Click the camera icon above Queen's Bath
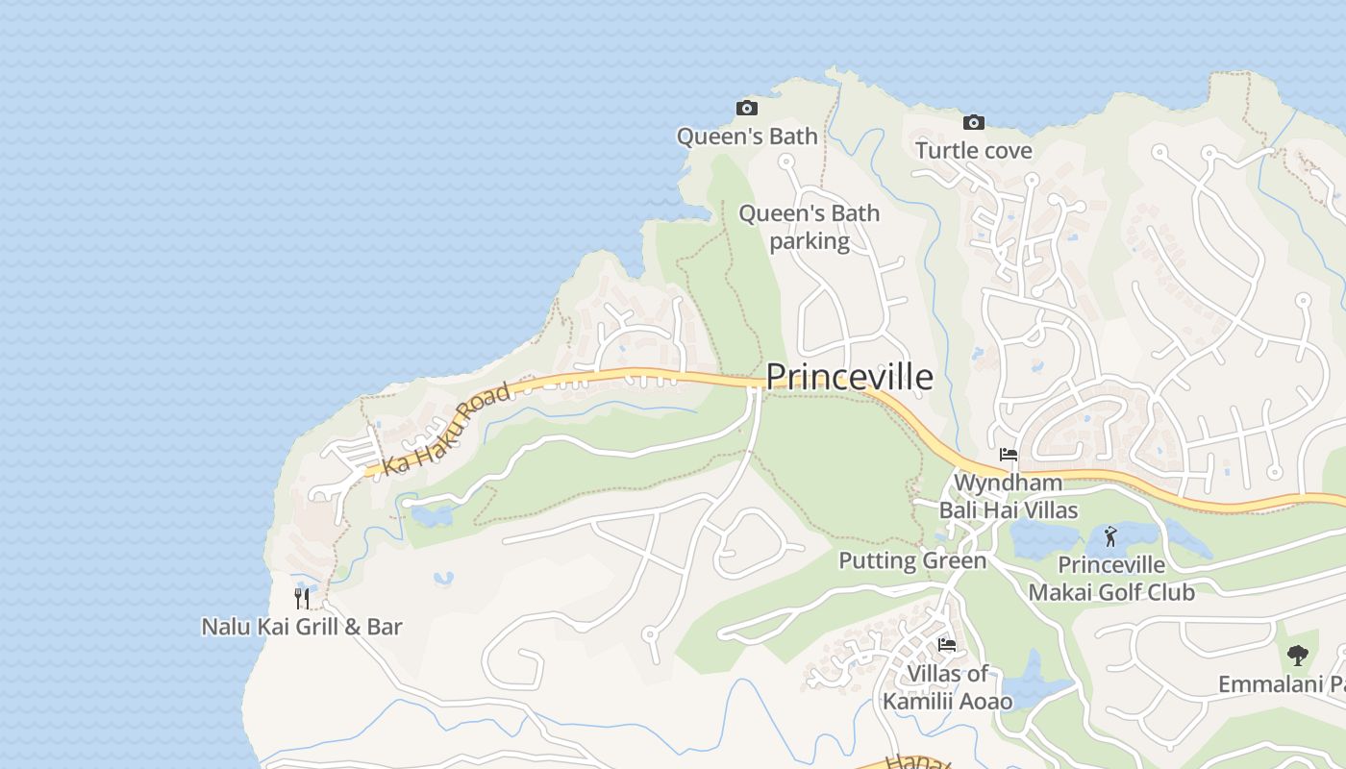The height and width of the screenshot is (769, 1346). tap(746, 108)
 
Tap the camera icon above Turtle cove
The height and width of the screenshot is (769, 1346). tap(973, 122)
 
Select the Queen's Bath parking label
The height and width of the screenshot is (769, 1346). tap(809, 227)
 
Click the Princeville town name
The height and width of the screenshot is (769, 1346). tap(849, 377)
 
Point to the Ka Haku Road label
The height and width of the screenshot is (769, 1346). tap(446, 430)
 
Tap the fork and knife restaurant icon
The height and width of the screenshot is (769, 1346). tap(302, 599)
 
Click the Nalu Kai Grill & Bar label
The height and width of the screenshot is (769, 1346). tap(301, 627)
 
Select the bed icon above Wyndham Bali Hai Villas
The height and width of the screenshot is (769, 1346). tap(1008, 454)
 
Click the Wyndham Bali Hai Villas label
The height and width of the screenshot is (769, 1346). tap(1008, 496)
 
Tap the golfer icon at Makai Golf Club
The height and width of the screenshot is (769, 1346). tap(1110, 536)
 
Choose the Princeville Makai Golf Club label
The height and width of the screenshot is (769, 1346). tap(1111, 579)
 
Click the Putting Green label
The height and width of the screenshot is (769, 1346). tap(912, 560)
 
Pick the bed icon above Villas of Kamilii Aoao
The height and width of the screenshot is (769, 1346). tap(947, 645)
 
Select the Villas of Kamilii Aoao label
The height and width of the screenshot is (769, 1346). tap(947, 687)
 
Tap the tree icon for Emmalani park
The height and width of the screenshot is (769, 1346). tap(1297, 656)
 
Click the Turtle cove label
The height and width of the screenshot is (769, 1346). tap(973, 151)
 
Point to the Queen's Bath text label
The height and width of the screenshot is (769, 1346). tap(747, 136)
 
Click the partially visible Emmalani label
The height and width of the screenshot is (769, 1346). tap(1281, 684)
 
